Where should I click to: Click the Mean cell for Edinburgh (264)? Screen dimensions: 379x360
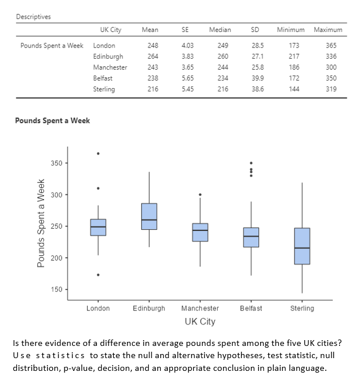(x=153, y=56)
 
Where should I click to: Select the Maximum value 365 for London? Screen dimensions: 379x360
(x=331, y=45)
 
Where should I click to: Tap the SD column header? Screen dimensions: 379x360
(x=255, y=30)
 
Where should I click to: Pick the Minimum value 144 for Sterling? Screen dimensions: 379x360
(x=294, y=89)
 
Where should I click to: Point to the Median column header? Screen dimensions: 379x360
(x=219, y=30)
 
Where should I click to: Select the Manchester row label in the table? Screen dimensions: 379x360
(x=110, y=67)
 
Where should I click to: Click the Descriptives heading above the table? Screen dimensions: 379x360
(x=33, y=16)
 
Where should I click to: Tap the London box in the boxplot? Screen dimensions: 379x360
(x=98, y=227)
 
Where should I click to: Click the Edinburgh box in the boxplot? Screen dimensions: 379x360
(x=149, y=216)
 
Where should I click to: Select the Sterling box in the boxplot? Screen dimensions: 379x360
(x=302, y=246)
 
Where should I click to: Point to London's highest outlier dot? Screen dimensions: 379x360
(x=98, y=153)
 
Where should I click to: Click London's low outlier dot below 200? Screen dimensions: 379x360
(x=98, y=275)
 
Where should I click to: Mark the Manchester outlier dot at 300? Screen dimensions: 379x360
(x=200, y=194)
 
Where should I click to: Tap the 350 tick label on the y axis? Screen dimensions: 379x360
(x=57, y=163)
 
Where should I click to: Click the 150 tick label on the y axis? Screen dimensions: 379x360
(x=57, y=289)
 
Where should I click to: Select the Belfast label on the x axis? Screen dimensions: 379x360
(x=251, y=308)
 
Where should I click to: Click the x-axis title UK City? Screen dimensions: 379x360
(x=200, y=322)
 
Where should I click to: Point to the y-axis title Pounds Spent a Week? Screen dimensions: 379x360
(x=41, y=224)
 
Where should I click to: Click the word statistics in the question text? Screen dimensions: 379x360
(x=60, y=355)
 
